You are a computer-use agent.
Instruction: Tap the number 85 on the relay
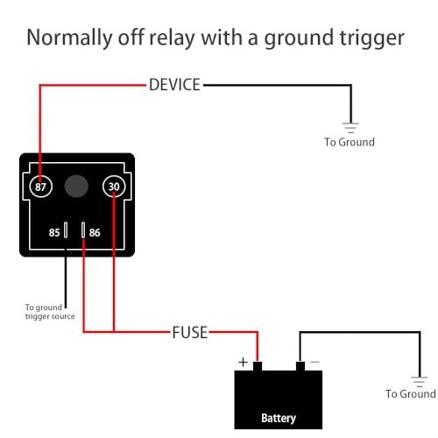(x=54, y=233)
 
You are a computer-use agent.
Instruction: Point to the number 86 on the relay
(x=95, y=233)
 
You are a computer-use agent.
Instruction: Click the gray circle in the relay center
(x=76, y=186)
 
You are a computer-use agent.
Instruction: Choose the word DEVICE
(x=174, y=85)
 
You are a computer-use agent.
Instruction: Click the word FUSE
(x=190, y=333)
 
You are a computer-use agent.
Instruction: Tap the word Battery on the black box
(x=279, y=418)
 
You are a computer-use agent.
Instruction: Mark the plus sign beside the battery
(x=243, y=363)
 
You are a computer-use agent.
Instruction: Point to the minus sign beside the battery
(x=314, y=362)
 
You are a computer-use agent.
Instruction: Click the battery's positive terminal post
(x=258, y=366)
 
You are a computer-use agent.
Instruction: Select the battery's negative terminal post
(x=300, y=366)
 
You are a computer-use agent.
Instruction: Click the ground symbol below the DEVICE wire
(x=350, y=128)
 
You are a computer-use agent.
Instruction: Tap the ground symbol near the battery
(x=420, y=382)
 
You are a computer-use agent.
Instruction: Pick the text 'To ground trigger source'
(x=50, y=312)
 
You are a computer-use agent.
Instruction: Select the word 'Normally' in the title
(x=69, y=38)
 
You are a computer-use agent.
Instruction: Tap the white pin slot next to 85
(x=66, y=230)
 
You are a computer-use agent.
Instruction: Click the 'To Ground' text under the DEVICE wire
(x=350, y=142)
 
